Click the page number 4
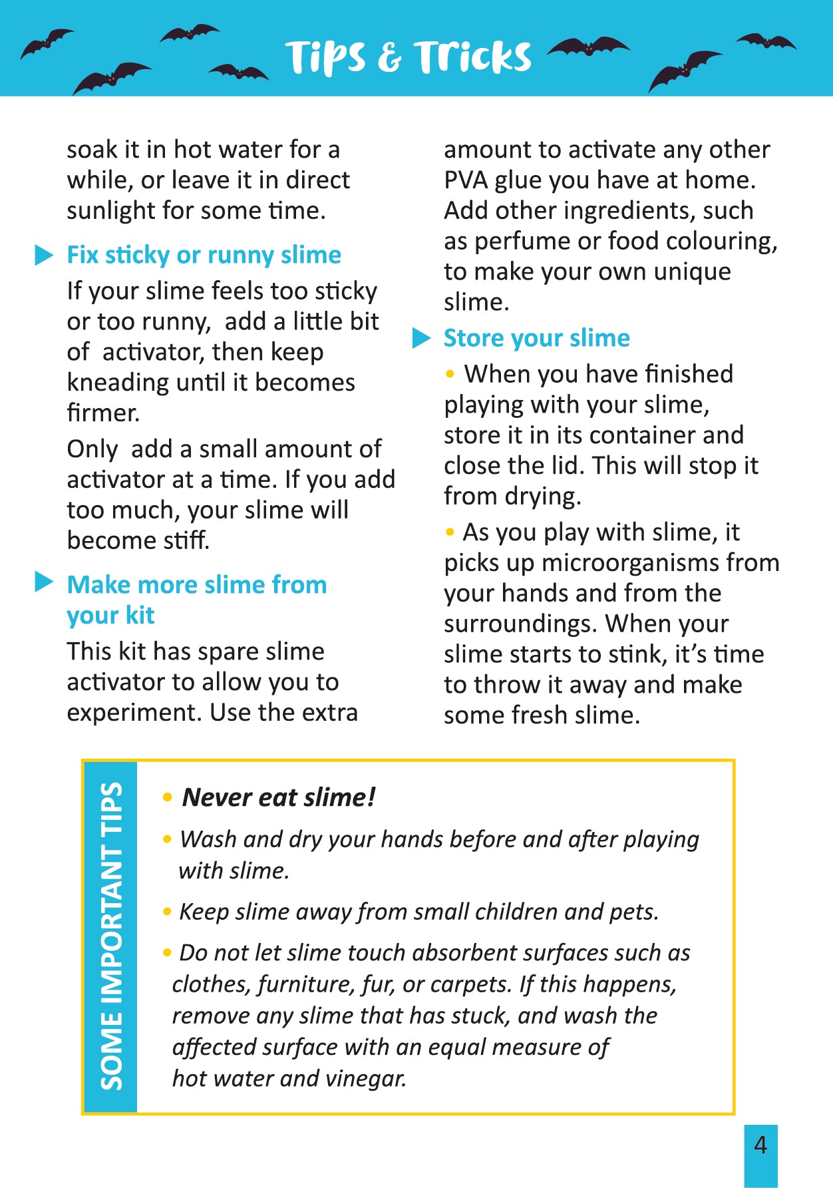click(760, 1145)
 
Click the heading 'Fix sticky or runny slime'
click(204, 255)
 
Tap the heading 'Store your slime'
click(536, 338)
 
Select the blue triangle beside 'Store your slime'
click(421, 338)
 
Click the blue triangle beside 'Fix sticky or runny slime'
click(44, 255)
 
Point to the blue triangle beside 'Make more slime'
click(44, 582)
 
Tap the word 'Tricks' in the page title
click(472, 57)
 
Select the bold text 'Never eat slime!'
click(279, 797)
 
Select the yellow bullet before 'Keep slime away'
click(167, 912)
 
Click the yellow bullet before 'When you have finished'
click(450, 374)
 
